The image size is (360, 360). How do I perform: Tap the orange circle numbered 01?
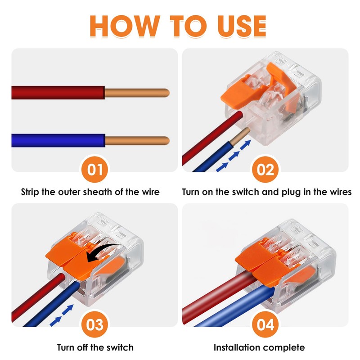coord(94,171)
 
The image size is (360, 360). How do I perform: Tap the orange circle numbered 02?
coord(265,171)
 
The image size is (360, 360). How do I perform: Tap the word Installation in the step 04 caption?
coord(238,347)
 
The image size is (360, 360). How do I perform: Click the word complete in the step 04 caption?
coord(285,347)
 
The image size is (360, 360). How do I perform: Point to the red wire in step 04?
coord(216,292)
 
